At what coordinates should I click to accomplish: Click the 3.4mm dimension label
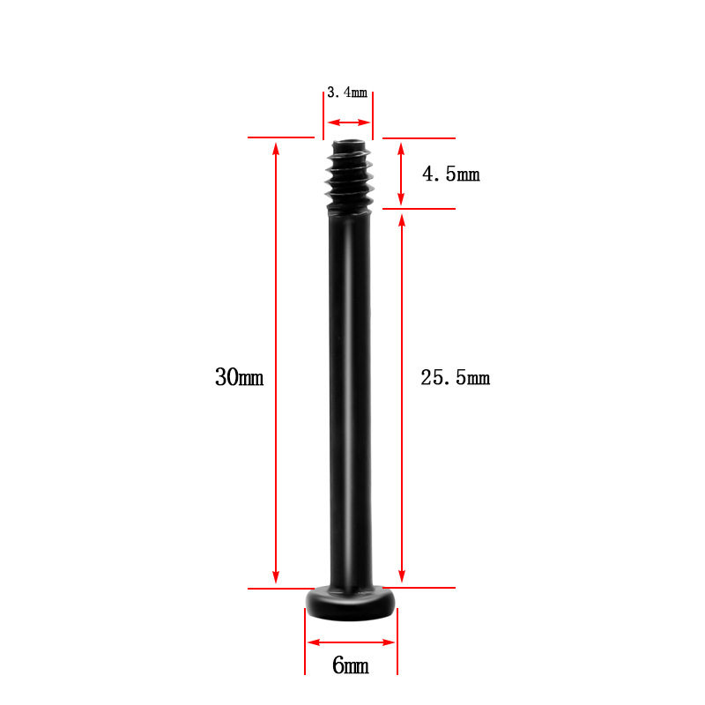tap(347, 93)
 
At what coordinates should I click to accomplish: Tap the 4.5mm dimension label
tap(451, 174)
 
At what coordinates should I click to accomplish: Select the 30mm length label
tap(239, 377)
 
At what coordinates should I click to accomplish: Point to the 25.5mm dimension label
tap(455, 378)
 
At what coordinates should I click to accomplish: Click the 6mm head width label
tap(351, 665)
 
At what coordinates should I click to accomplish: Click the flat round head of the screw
tap(351, 603)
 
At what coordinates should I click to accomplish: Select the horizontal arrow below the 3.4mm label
tap(349, 122)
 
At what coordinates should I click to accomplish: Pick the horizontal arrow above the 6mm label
tap(351, 642)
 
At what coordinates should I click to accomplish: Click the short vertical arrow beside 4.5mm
tap(401, 174)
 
